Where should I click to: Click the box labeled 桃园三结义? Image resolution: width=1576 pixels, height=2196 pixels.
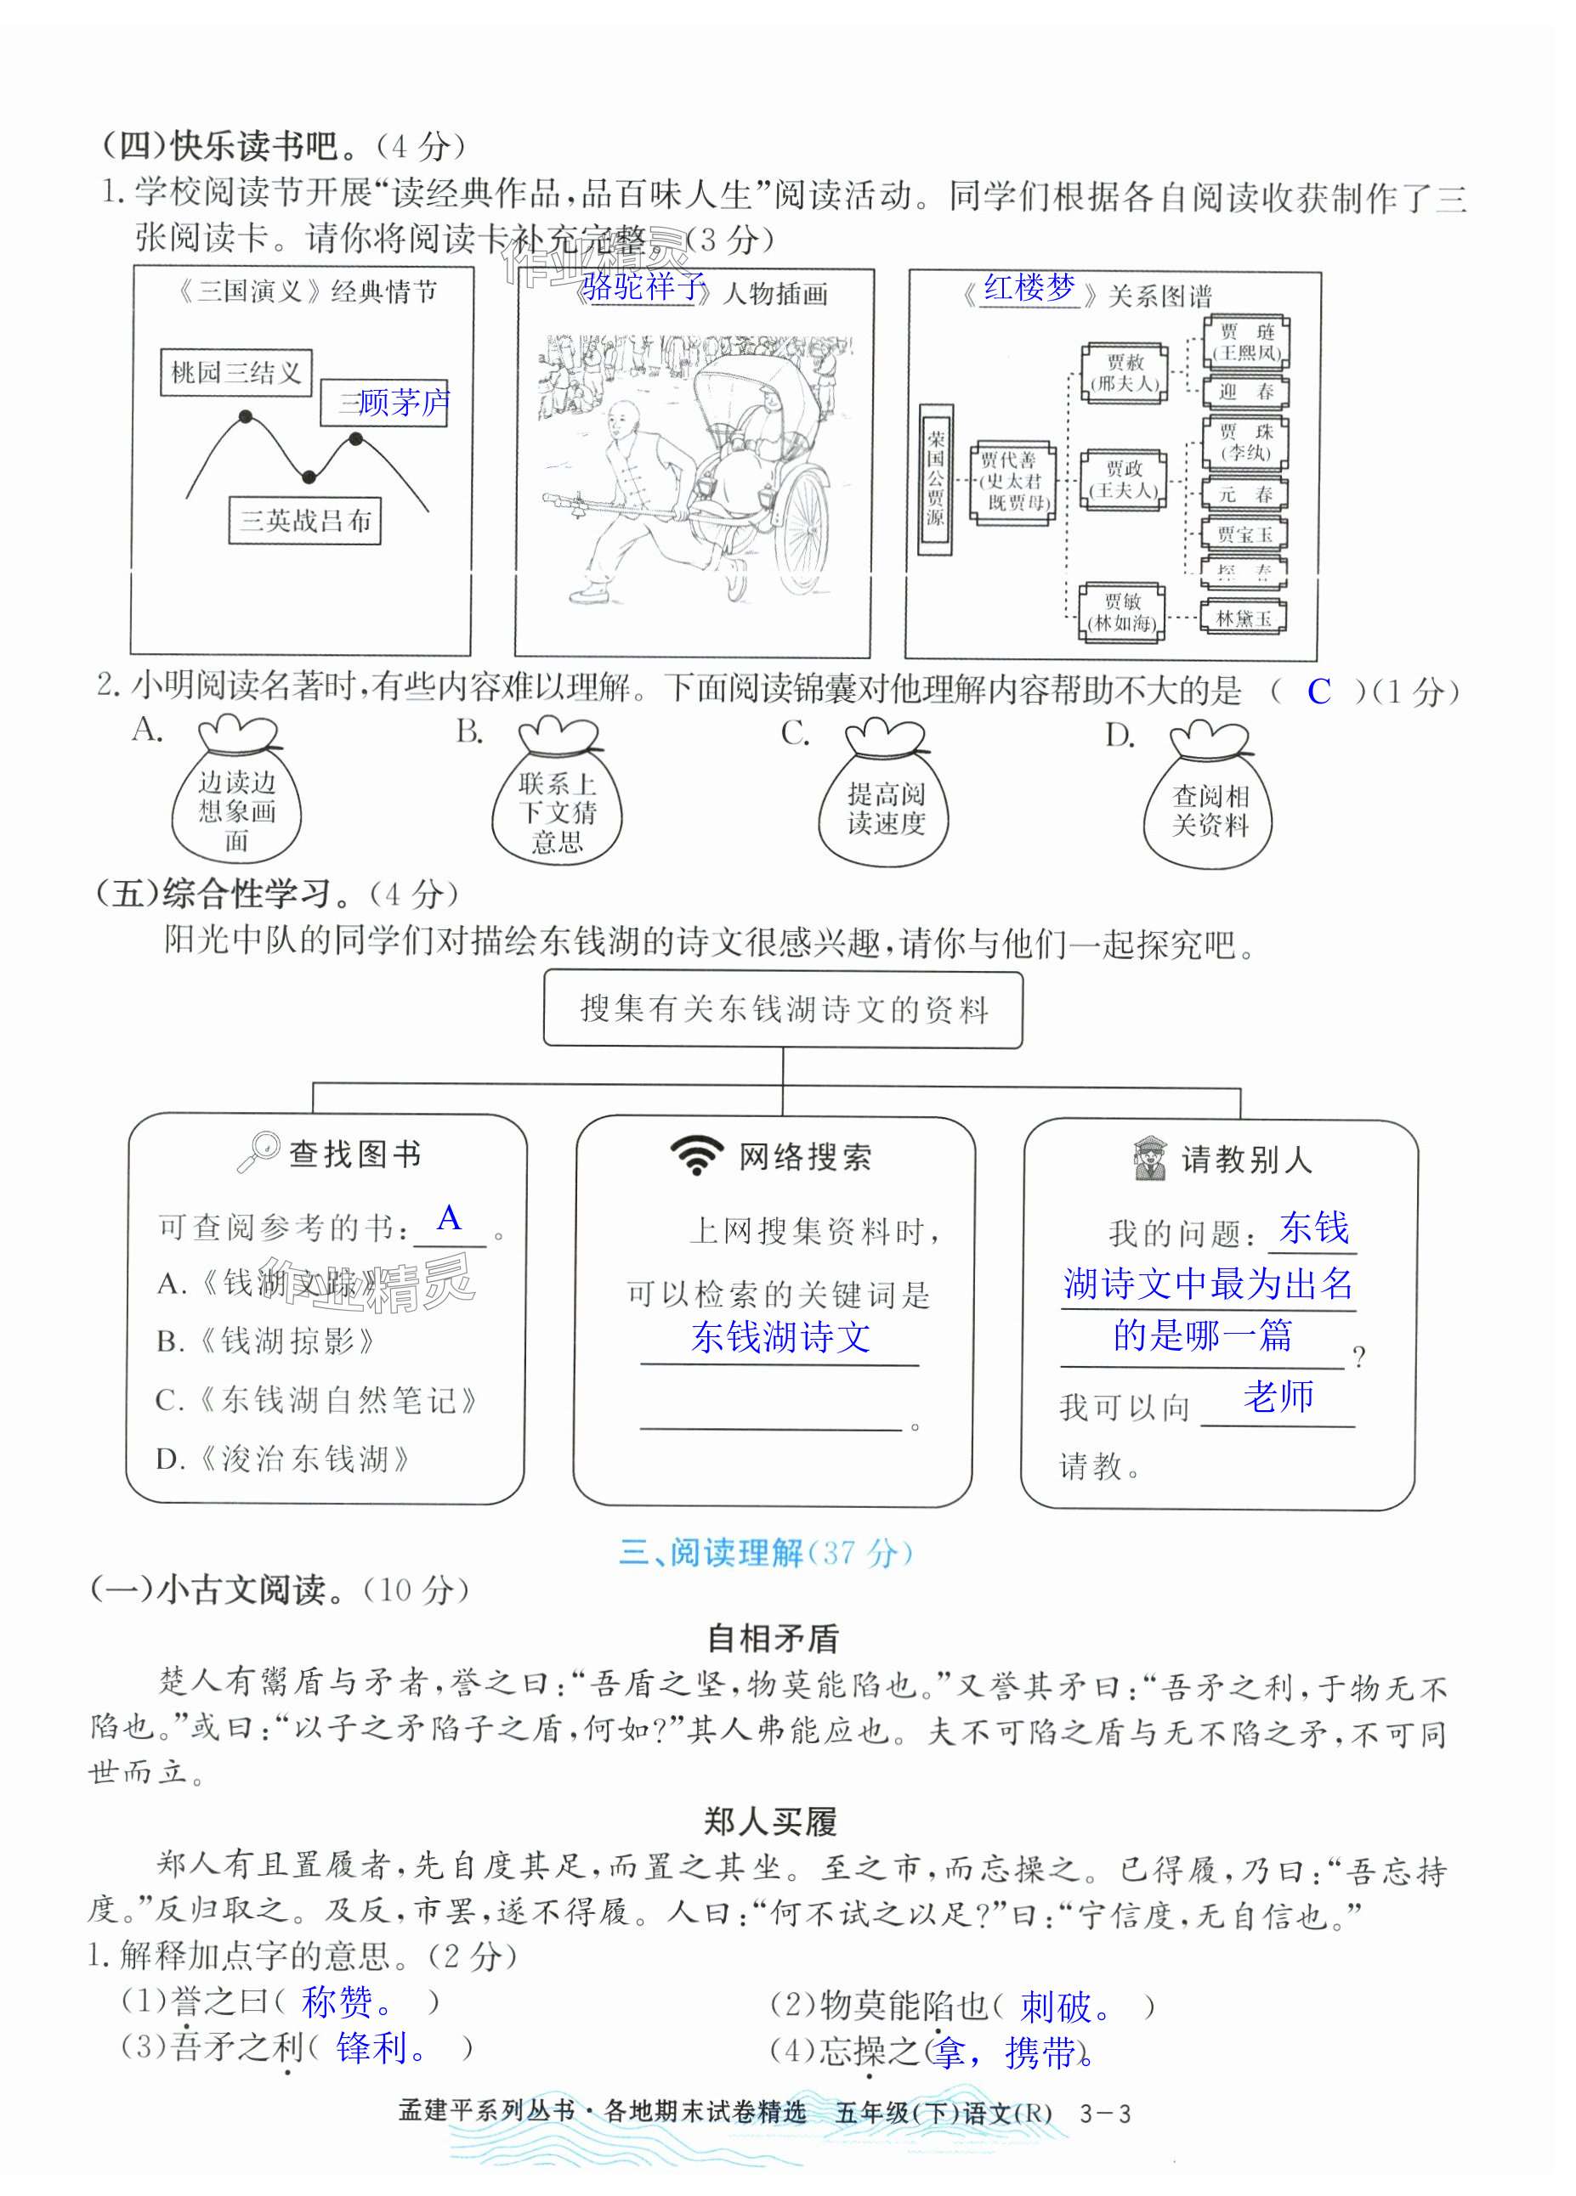tap(235, 373)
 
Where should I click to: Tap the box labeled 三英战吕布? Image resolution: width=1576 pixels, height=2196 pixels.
tap(305, 521)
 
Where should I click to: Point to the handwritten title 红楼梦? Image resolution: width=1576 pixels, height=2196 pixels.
tap(1029, 288)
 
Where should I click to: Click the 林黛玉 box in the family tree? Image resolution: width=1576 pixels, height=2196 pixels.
tap(1244, 618)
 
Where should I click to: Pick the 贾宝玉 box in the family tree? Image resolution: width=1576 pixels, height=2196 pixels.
tap(1244, 534)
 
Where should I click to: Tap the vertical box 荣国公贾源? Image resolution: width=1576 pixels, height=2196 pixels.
tap(935, 478)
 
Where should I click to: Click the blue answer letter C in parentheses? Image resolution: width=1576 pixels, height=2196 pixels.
tap(1318, 692)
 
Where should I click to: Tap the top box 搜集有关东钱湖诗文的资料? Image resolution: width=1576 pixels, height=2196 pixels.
tap(783, 1010)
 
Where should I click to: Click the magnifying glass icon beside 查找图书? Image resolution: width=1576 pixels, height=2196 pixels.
tap(258, 1151)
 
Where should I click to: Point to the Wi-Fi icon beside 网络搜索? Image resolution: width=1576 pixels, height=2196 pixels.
tap(696, 1155)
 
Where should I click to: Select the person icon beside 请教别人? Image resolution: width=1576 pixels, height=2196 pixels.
tap(1150, 1157)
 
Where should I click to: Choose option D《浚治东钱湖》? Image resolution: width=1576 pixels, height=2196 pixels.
tap(283, 1458)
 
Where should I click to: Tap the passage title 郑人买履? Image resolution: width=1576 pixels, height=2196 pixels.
tap(771, 1822)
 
